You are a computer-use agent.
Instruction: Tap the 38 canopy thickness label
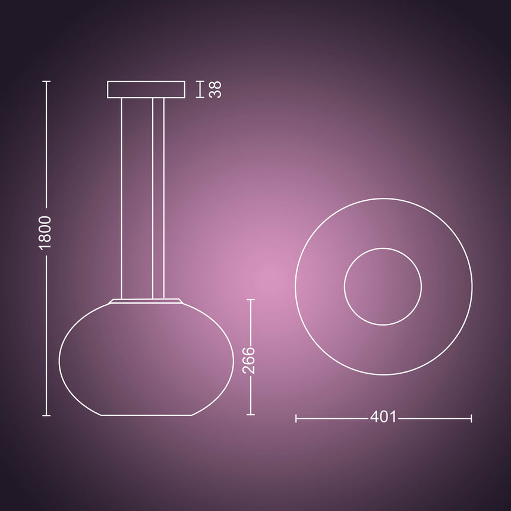pos(215,89)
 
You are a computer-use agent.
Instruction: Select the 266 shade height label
pos(250,361)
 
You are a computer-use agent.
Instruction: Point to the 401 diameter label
pos(383,417)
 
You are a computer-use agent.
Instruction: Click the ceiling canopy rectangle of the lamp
pos(146,89)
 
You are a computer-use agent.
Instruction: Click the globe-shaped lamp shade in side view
pos(146,362)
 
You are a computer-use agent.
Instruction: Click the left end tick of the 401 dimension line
pos(296,418)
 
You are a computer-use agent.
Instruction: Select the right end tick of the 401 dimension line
pos(471,418)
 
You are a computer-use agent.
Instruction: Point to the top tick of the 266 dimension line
pos(251,299)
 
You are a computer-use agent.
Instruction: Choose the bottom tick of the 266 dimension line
pos(251,415)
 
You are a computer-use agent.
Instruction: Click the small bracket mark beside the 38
pos(199,89)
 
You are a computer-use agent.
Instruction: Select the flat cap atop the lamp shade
pos(146,301)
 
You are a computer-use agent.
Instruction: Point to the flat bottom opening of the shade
pos(146,415)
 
